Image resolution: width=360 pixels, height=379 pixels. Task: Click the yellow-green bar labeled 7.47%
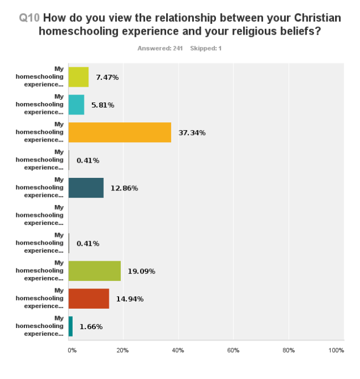coord(78,77)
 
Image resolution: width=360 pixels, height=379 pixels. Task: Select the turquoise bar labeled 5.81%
coord(76,105)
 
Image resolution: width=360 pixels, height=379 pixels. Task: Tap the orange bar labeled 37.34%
coord(120,133)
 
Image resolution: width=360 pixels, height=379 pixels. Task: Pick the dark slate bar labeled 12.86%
coord(86,188)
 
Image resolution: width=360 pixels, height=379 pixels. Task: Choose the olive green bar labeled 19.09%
coord(94,271)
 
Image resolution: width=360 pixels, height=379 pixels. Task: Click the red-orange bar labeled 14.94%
coord(88,299)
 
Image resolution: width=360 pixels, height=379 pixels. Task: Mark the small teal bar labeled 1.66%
coord(70,326)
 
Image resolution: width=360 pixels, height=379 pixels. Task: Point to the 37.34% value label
coord(192,133)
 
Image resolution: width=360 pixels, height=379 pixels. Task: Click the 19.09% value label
coord(141,271)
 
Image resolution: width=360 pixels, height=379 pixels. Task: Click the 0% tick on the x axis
coord(71,351)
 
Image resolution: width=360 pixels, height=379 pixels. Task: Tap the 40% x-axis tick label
coord(179,351)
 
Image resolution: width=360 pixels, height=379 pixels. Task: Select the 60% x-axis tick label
coord(234,351)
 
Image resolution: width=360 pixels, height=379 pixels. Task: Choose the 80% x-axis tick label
coord(289,351)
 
